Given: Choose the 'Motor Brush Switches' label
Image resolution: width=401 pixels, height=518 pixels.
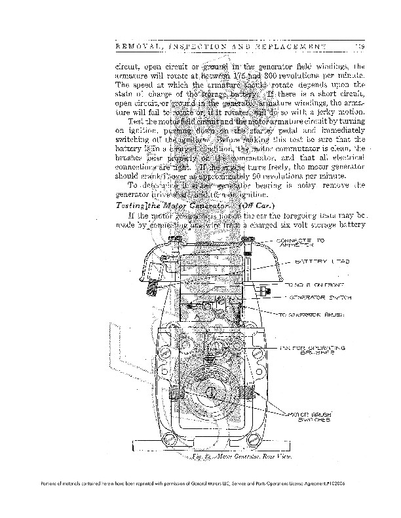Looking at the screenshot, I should point(311,417).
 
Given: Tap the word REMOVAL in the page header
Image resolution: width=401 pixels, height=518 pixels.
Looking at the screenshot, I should point(139,47).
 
